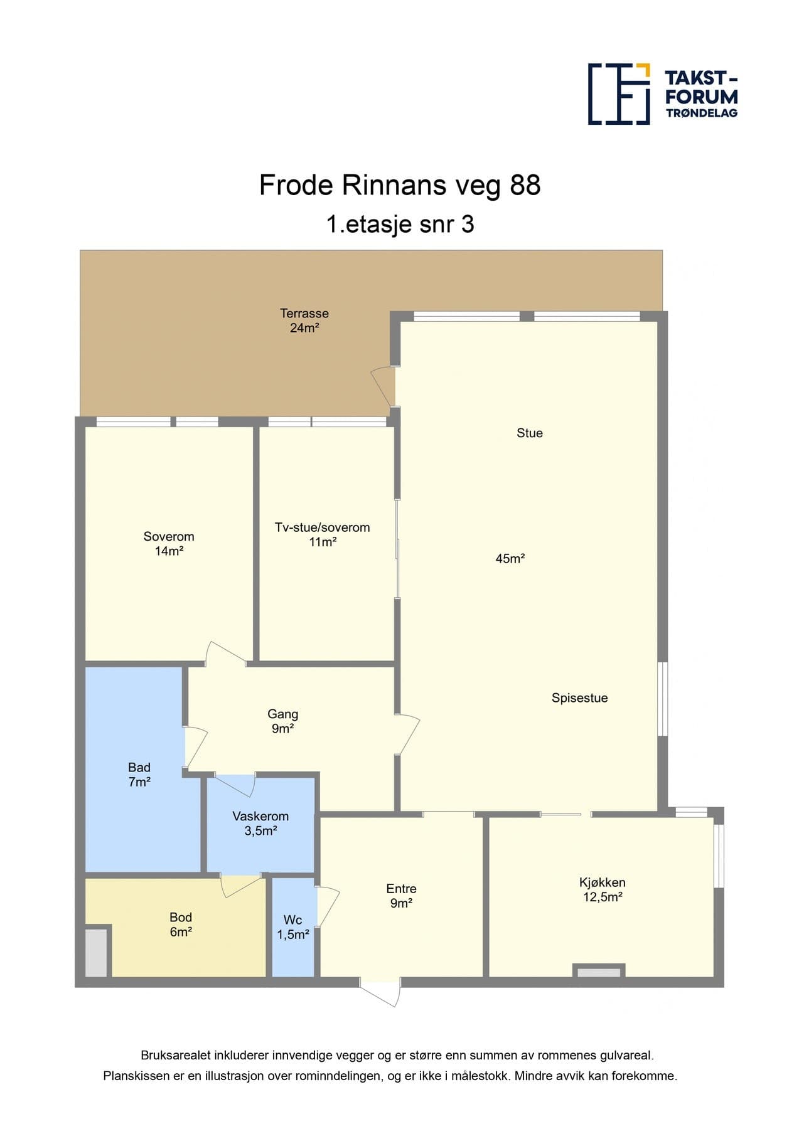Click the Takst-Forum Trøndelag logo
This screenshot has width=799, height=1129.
[662, 94]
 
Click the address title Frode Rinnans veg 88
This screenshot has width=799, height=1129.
[400, 185]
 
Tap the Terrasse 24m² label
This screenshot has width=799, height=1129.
[304, 321]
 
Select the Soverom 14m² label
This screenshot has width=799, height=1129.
[169, 544]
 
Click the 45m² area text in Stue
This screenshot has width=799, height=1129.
[510, 558]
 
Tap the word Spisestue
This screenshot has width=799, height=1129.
[579, 697]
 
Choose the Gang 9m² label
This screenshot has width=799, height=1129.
[282, 721]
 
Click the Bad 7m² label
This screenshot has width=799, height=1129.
[139, 774]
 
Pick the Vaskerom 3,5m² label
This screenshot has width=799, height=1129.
[260, 823]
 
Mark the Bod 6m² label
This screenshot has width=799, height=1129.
[181, 924]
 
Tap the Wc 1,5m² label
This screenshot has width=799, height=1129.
[292, 927]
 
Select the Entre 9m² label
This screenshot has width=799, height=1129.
[401, 896]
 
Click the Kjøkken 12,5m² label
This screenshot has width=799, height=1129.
[602, 889]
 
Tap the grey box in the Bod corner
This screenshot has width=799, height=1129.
[96, 951]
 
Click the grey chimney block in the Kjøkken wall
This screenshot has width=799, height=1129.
[599, 972]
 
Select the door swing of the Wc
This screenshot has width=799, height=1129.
[328, 906]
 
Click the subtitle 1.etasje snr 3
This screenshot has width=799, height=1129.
[400, 224]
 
